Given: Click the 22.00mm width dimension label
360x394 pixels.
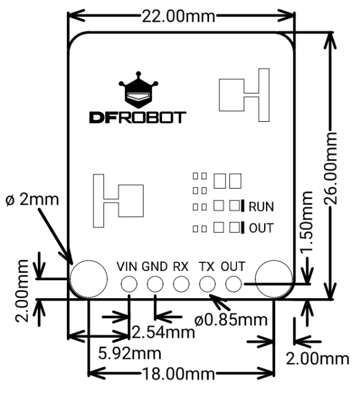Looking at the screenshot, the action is [x=179, y=17].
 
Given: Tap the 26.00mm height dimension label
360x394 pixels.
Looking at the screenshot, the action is [x=330, y=168].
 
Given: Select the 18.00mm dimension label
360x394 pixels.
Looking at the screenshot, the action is [x=179, y=374].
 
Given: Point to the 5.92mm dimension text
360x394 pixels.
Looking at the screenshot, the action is [x=130, y=353].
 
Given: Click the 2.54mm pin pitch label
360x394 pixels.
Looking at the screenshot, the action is [x=163, y=332].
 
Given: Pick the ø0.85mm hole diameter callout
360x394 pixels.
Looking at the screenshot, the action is [x=231, y=320].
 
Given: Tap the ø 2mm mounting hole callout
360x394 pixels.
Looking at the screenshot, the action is [x=32, y=200].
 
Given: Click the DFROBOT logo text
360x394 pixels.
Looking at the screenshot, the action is [x=138, y=118].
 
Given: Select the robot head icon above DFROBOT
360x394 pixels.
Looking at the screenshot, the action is [x=139, y=90].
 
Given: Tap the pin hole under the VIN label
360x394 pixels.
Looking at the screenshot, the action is [x=129, y=284].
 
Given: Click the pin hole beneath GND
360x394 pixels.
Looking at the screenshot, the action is [x=155, y=284].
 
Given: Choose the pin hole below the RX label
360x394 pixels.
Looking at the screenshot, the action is [x=181, y=284].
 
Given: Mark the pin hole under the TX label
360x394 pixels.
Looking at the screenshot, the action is [x=207, y=284].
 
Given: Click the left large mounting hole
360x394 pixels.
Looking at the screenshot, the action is [x=88, y=279].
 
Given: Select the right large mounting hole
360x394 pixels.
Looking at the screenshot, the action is [x=274, y=279].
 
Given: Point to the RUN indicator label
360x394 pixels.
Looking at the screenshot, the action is [x=261, y=207].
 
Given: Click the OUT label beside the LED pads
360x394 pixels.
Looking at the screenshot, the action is [x=261, y=228].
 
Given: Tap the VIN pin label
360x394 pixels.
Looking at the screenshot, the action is [x=127, y=267].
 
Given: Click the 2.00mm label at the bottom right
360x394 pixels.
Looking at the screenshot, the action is [x=317, y=359].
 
